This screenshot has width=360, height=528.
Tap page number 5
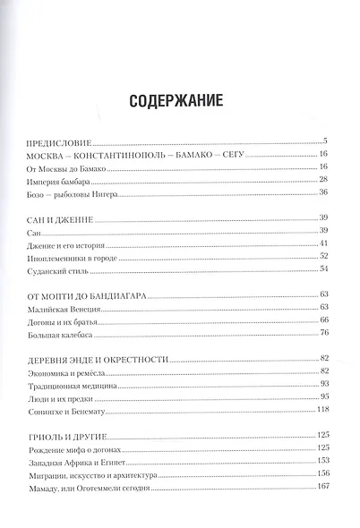pos(328,141)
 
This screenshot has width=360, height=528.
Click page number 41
pos(325,243)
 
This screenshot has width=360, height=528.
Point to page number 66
pos(325,319)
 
